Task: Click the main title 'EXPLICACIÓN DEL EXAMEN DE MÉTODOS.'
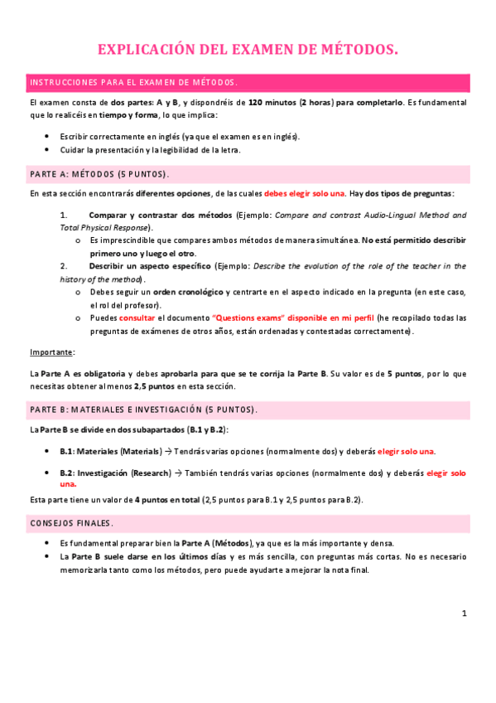(x=248, y=51)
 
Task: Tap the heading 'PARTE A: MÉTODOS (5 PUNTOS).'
(x=99, y=174)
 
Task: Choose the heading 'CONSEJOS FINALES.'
(x=71, y=524)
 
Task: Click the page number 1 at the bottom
(x=465, y=613)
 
